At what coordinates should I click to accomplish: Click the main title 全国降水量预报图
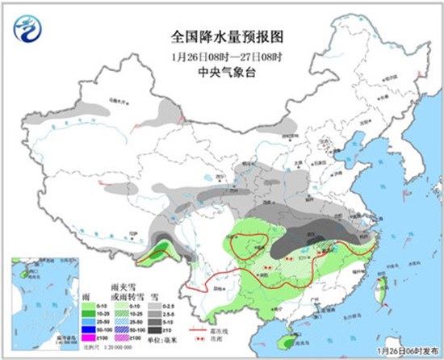click(228, 37)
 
